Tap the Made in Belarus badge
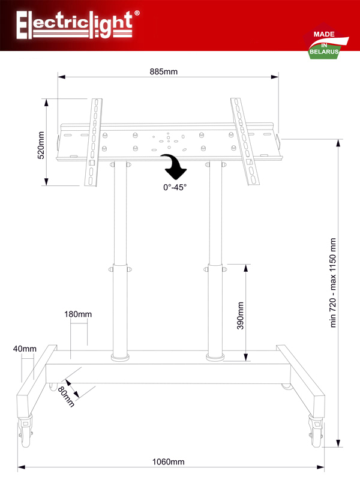point(326,41)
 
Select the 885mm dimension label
point(163,71)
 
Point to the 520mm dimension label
point(41,145)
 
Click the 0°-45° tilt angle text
point(175,187)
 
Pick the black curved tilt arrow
point(174,166)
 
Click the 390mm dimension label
point(241,316)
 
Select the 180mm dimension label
point(78,314)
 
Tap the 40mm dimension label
point(25,349)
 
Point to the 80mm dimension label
point(66,397)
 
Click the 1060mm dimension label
point(169,461)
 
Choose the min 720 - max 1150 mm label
point(333,283)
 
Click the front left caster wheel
point(25,431)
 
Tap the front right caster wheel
point(316,431)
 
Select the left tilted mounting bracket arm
point(94,142)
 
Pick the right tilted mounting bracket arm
point(245,142)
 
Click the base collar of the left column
point(121,358)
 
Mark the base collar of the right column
point(215,358)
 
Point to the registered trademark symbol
point(137,13)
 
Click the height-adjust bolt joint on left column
point(121,269)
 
